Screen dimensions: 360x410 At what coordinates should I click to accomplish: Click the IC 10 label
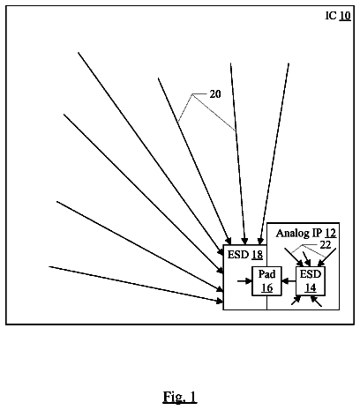point(338,16)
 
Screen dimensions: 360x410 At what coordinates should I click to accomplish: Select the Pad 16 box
point(266,281)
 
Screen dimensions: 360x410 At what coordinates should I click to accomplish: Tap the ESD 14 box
point(311,281)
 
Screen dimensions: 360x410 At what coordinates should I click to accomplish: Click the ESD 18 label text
point(245,255)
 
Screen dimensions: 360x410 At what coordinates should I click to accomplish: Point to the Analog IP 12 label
point(306,233)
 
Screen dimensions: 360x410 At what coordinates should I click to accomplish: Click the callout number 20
point(215,94)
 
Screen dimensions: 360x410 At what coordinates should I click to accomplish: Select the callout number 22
point(326,245)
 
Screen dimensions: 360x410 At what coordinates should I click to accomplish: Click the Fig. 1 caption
point(180,397)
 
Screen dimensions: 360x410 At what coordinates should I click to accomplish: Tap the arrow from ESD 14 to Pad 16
point(289,281)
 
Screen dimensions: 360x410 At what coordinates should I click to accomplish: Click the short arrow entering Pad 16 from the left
point(244,281)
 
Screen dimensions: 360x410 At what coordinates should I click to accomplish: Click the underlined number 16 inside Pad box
point(267,287)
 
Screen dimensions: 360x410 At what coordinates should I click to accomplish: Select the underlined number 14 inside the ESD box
point(311,287)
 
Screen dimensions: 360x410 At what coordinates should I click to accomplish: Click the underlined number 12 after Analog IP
point(331,233)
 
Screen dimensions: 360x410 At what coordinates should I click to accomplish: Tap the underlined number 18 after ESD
point(257,255)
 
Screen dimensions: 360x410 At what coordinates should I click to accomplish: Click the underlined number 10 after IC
point(345,16)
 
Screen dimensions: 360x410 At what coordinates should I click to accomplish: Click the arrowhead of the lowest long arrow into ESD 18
point(220,301)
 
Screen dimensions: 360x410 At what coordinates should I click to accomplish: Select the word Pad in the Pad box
point(266,274)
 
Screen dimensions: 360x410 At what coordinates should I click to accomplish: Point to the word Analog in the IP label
point(293,234)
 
